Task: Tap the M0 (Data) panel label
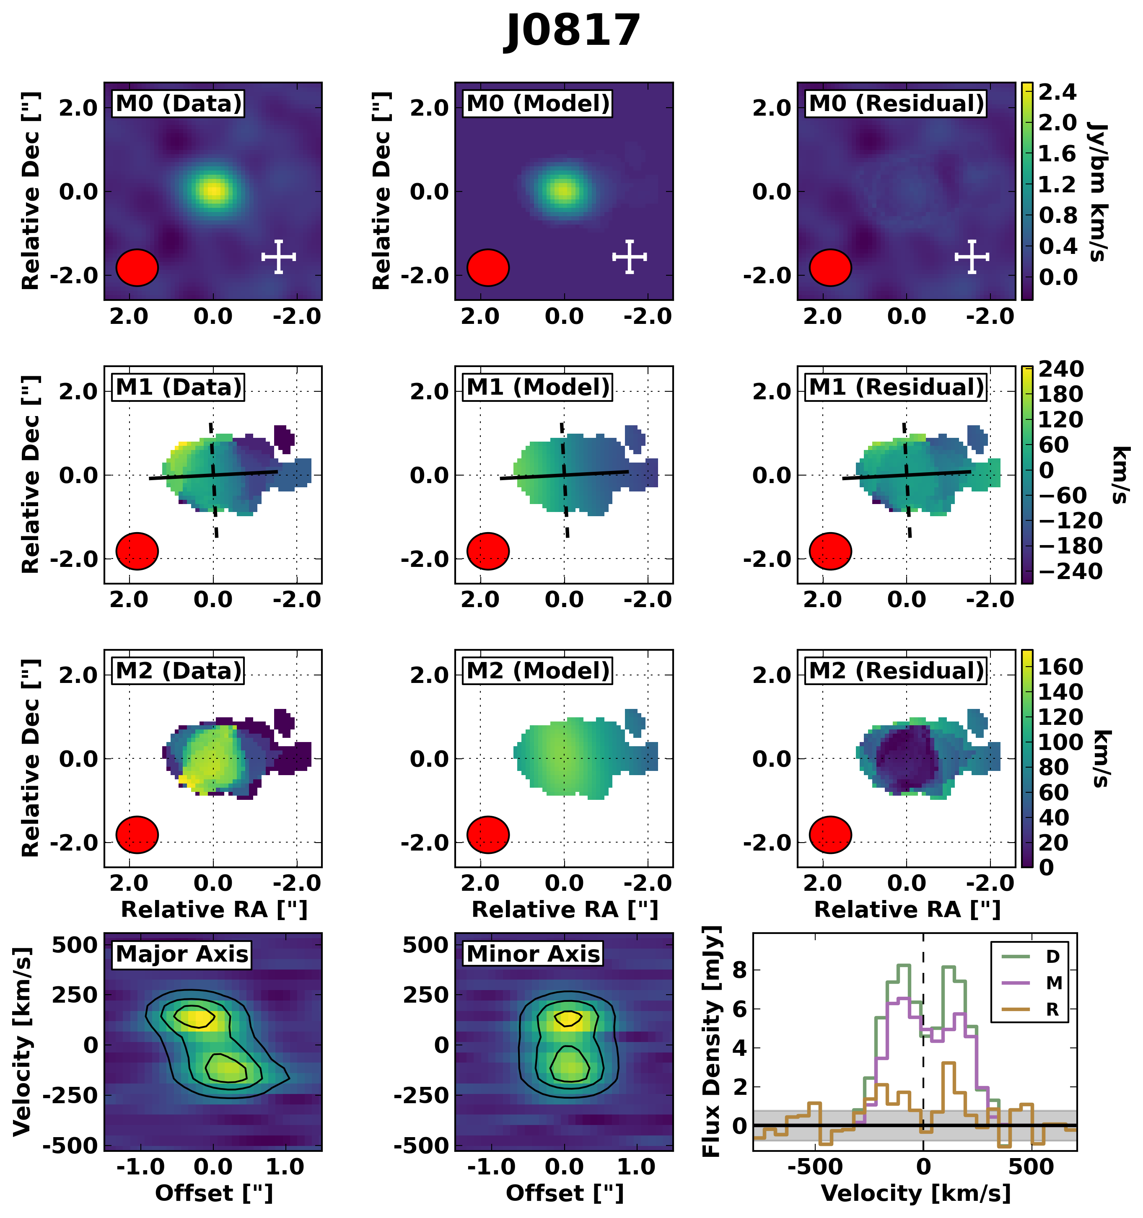coord(178,103)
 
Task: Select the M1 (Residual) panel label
coord(896,387)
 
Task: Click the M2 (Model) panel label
coord(537,671)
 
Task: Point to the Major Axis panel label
coord(181,954)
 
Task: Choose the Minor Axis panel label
coord(533,954)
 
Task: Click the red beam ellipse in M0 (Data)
coord(137,268)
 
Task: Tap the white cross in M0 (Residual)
coord(972,257)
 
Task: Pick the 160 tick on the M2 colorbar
coord(1060,667)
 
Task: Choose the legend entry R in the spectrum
coord(1052,1009)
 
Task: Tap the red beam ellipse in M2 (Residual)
coord(830,835)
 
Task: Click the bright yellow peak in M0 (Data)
coord(213,190)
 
